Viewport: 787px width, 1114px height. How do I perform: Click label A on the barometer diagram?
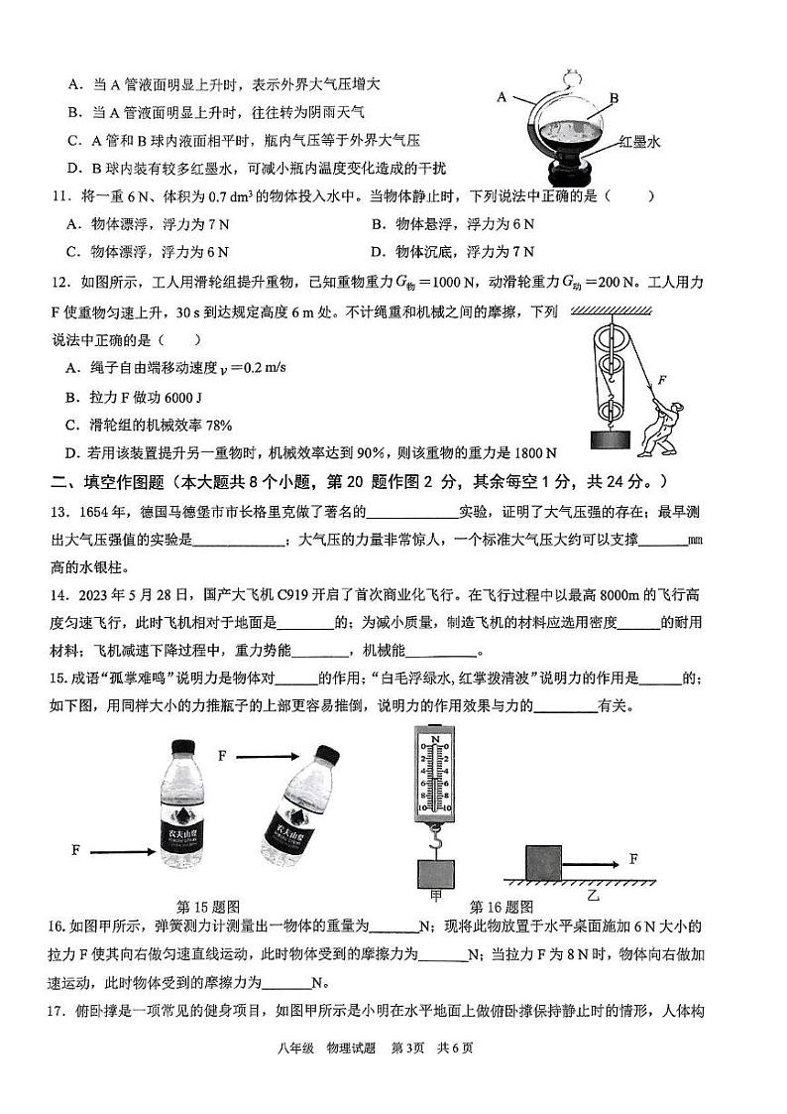pos(502,96)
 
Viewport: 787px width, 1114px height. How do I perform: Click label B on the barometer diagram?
pos(614,98)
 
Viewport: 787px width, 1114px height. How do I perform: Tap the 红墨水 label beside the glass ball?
pos(638,142)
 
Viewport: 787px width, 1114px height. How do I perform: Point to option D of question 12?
pos(72,452)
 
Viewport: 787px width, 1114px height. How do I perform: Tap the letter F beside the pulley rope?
pos(662,379)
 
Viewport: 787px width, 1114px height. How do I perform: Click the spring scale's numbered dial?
pos(434,770)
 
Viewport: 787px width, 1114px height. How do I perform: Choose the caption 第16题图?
pos(501,907)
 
